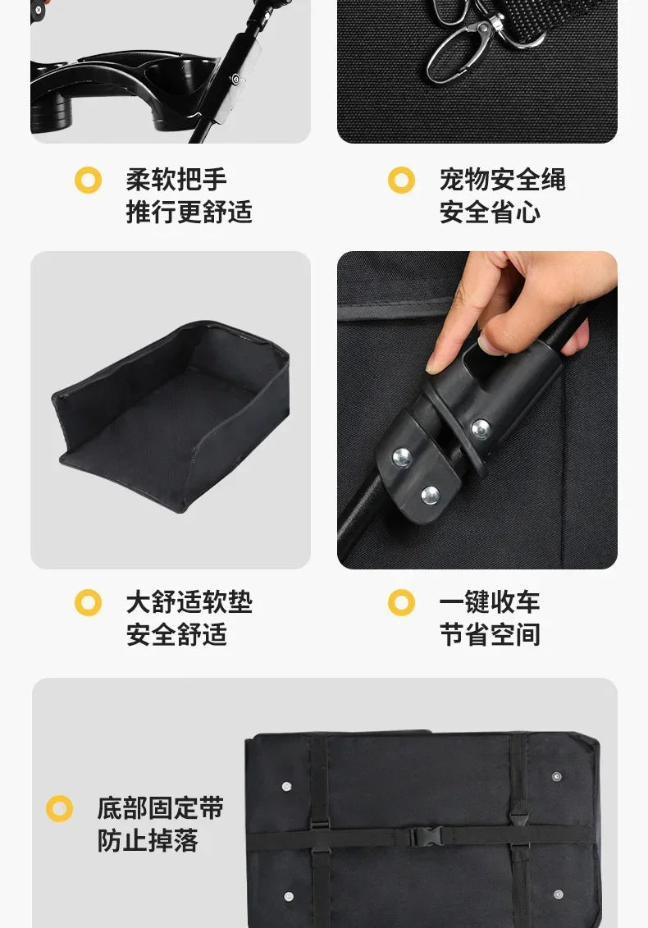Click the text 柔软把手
(176, 180)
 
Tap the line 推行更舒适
(189, 213)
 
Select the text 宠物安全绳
(502, 180)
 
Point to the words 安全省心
(490, 213)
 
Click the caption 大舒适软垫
(189, 602)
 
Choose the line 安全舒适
(176, 635)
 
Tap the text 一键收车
(490, 602)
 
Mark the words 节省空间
(490, 635)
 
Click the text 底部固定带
(160, 808)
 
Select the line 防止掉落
(148, 841)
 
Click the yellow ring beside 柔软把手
(88, 180)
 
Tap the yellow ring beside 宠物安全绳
(401, 180)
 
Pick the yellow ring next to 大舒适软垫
(88, 603)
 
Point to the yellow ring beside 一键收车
(401, 603)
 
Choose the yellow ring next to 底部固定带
(59, 808)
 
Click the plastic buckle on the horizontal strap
(422, 836)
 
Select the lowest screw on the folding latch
(430, 495)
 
